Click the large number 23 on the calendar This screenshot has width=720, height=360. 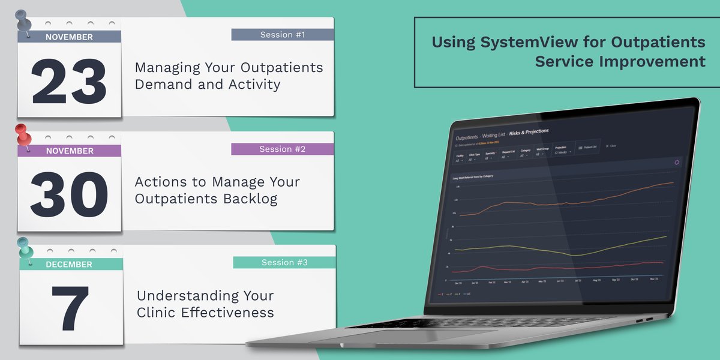tap(69, 82)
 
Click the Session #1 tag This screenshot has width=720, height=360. tap(283, 35)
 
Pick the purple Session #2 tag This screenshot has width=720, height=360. tap(283, 149)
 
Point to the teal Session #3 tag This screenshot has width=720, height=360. tap(284, 262)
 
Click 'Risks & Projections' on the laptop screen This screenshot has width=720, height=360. tap(529, 131)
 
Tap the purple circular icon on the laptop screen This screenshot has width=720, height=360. tap(677, 163)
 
